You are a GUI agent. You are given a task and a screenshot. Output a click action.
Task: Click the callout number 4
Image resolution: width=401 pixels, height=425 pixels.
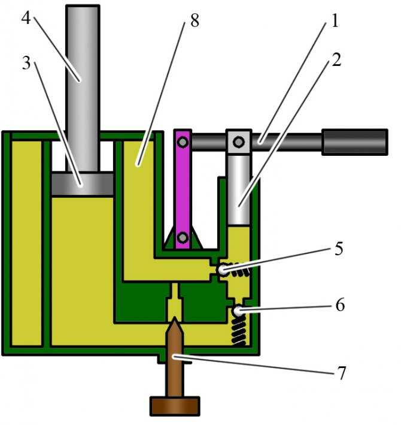tap(26, 19)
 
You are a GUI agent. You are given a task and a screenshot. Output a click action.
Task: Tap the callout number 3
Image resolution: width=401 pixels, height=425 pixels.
tap(26, 63)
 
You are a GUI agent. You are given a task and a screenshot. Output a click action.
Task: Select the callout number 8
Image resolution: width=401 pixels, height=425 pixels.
tap(195, 20)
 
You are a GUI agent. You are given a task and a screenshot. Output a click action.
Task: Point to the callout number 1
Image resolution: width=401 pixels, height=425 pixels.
tap(335, 20)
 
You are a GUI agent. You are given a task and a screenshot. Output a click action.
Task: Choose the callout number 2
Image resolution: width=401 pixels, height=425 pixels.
tap(336, 59)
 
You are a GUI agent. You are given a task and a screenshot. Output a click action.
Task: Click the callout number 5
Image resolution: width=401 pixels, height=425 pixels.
tap(339, 248)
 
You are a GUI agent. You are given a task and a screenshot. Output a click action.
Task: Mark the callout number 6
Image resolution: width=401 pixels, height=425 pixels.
tap(340, 305)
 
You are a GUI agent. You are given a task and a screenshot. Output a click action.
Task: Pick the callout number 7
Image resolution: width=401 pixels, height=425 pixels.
tap(342, 373)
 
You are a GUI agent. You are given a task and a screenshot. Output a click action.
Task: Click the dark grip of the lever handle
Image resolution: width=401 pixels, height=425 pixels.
tap(355, 142)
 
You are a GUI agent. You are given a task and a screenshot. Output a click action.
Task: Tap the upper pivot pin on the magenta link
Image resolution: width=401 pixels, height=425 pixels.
tap(183, 141)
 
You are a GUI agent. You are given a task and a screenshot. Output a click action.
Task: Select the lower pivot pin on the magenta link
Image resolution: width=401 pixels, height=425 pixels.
tap(183, 237)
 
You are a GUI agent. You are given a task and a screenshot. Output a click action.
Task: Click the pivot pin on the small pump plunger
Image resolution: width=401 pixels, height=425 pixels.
tap(239, 141)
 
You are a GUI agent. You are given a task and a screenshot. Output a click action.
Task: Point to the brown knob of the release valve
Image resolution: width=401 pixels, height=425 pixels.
tap(175, 406)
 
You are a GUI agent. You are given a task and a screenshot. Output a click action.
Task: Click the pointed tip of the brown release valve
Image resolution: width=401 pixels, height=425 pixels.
tap(175, 318)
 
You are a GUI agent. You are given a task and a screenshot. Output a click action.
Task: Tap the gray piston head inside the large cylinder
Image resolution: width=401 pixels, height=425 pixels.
tap(82, 183)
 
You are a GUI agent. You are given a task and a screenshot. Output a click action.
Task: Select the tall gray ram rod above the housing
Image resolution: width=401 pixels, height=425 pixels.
tap(83, 88)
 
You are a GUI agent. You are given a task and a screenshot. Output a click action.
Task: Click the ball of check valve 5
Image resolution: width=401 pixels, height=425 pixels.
tap(223, 270)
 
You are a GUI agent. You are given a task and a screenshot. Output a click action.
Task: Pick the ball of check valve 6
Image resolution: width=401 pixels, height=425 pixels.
tap(238, 311)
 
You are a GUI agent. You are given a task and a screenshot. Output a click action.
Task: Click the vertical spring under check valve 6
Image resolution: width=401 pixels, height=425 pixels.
tap(239, 330)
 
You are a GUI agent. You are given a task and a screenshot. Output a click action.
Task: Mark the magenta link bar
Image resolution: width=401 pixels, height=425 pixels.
tap(183, 189)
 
